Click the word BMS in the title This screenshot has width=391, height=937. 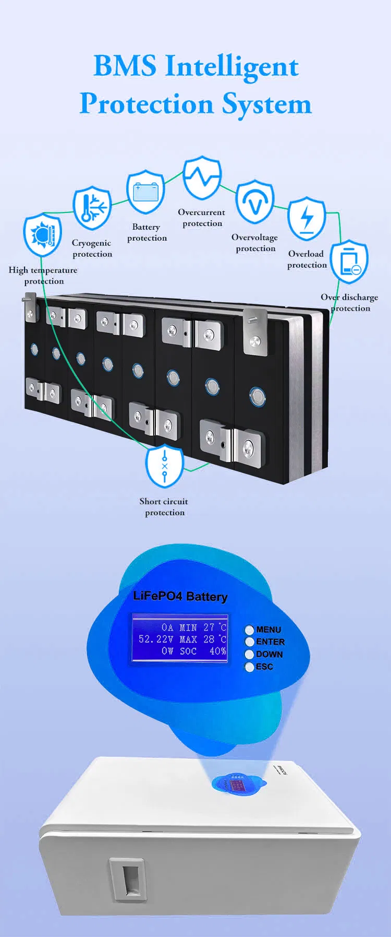(125, 66)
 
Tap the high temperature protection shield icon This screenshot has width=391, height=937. (42, 234)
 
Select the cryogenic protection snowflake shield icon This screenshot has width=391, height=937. (92, 207)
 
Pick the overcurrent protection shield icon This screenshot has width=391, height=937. (202, 177)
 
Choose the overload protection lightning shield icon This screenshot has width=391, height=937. (307, 218)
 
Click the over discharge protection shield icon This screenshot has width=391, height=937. (349, 262)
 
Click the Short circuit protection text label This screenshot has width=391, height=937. (164, 507)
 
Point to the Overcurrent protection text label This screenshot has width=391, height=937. (202, 218)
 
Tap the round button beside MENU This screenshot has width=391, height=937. (250, 630)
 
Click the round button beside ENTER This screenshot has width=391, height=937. (250, 642)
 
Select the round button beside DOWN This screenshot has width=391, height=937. (250, 654)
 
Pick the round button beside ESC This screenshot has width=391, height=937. (250, 667)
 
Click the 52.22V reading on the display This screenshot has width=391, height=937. (156, 639)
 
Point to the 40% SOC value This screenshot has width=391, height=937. (218, 651)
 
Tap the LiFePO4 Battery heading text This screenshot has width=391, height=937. (180, 596)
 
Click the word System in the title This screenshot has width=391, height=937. (267, 104)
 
